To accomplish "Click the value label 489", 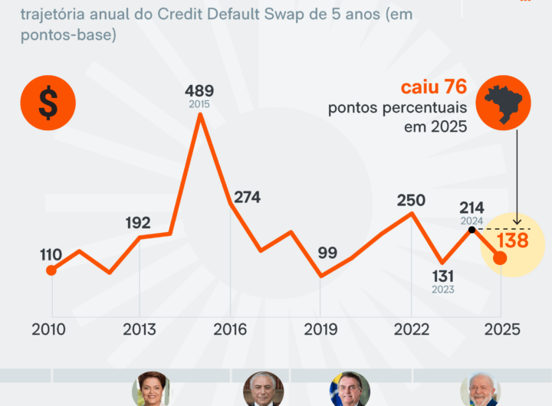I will (199, 90).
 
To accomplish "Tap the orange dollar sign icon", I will (48, 103).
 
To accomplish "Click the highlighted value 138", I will (512, 240).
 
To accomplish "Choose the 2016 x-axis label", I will (230, 329).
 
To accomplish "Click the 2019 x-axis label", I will (321, 329).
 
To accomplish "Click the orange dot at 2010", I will (51, 270).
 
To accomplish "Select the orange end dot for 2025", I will (500, 258).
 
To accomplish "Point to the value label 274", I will (247, 197).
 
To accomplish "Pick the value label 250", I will (411, 200).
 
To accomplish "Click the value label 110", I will (51, 254).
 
